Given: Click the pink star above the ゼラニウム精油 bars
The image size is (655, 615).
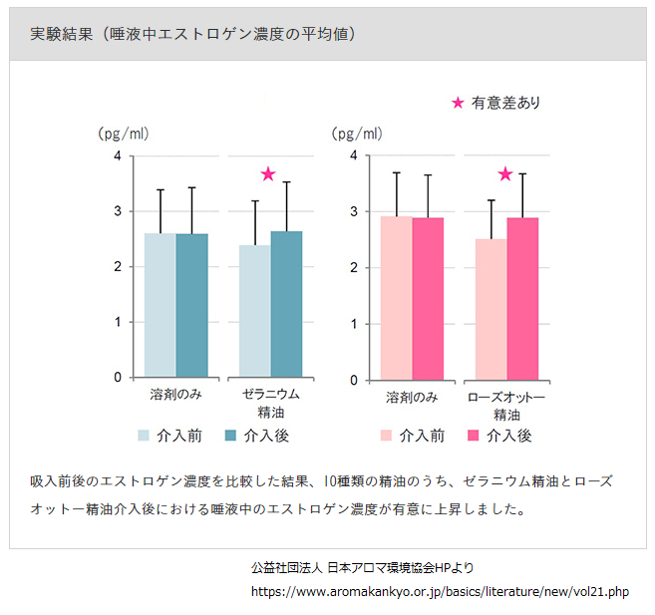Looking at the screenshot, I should coord(267,174).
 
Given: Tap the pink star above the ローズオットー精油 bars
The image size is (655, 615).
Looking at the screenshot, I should coord(504,174).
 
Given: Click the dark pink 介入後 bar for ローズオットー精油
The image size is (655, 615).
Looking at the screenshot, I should coord(523,299).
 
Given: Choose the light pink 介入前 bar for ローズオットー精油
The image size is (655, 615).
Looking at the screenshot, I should coord(491,309).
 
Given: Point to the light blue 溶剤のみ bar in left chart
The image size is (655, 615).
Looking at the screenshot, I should coord(161,305).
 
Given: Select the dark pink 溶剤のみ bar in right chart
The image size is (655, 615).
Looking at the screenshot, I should coord(428,299).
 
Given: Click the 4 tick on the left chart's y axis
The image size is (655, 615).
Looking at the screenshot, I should coord(118,156).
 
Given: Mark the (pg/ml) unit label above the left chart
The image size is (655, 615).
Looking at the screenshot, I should coord(123,134).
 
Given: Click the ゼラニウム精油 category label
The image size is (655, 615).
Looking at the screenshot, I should coord(271,403).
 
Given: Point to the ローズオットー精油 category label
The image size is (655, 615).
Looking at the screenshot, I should coord(507,405).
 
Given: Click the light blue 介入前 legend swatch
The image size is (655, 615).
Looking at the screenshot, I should coord(144,436).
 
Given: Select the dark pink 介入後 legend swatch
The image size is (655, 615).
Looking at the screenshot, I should coord(474,436).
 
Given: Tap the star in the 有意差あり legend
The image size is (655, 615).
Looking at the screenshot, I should coord(458,103).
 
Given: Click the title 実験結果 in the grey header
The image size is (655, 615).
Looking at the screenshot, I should coord(62,34).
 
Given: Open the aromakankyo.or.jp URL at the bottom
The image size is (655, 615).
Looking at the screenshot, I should coord(440,591).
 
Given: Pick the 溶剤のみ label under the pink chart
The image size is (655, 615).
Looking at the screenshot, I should coord(412,397).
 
